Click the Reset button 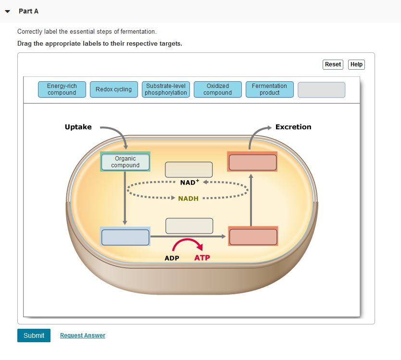pyautogui.click(x=333, y=64)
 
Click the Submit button pyautogui.click(x=34, y=335)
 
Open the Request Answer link pyautogui.click(x=83, y=335)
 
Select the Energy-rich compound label pyautogui.click(x=62, y=89)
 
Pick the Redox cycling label pyautogui.click(x=113, y=89)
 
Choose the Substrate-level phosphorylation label pyautogui.click(x=166, y=89)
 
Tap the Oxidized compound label pyautogui.click(x=218, y=89)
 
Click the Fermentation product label pyautogui.click(x=270, y=89)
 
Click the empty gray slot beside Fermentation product pyautogui.click(x=321, y=90)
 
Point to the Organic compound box pyautogui.click(x=125, y=162)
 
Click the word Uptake pyautogui.click(x=78, y=127)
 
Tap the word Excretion pyautogui.click(x=293, y=127)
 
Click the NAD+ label pyautogui.click(x=188, y=183)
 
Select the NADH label pyautogui.click(x=188, y=199)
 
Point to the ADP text pyautogui.click(x=172, y=258)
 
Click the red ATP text pyautogui.click(x=202, y=258)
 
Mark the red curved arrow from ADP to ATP pyautogui.click(x=187, y=243)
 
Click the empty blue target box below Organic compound pyautogui.click(x=125, y=237)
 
